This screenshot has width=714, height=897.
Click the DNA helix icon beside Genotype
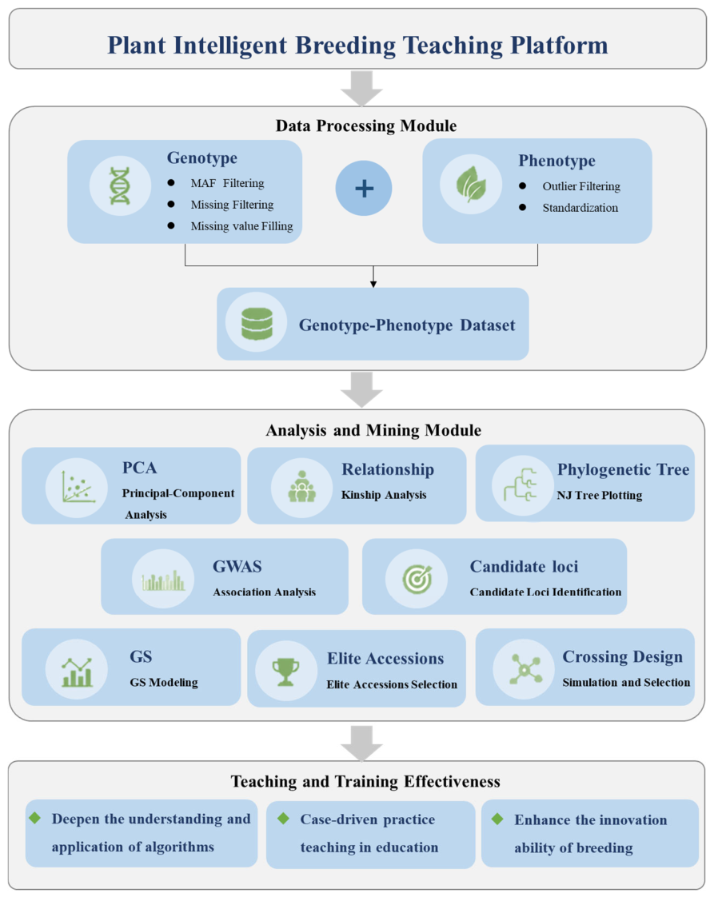click(x=120, y=186)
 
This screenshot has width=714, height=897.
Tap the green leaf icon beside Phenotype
click(x=471, y=184)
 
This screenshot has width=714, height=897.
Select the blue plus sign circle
click(x=364, y=188)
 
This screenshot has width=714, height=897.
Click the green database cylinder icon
click(x=257, y=324)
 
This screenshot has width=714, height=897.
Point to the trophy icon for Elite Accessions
click(x=285, y=671)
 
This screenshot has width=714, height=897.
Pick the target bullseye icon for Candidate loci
click(x=417, y=578)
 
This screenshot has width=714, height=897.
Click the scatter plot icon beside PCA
click(x=78, y=488)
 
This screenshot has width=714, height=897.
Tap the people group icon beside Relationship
click(x=302, y=487)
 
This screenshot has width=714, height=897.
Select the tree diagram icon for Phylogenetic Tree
click(x=520, y=484)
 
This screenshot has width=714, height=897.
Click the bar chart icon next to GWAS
click(x=163, y=580)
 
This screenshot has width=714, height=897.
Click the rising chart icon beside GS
click(x=78, y=672)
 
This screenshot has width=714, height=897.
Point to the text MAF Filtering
click(x=227, y=183)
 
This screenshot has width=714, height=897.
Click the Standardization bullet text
click(x=580, y=208)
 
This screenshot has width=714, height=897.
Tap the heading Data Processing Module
click(x=366, y=126)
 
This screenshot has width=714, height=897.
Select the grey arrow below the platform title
click(x=361, y=88)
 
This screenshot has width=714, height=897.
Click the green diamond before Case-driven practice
click(x=283, y=819)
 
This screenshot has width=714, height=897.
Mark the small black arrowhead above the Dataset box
click(x=373, y=284)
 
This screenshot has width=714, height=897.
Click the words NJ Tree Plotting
click(x=600, y=496)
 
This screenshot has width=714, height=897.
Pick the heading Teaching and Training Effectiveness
click(x=365, y=781)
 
